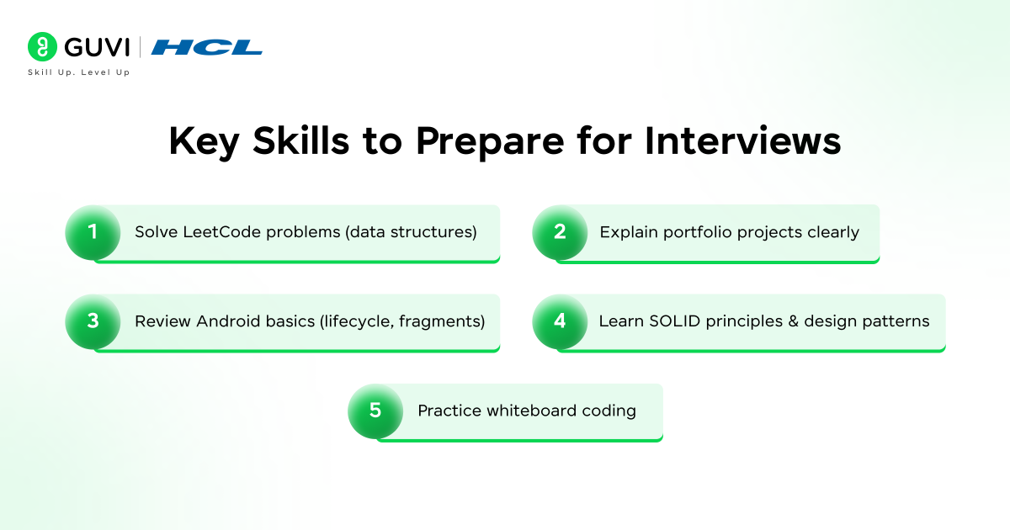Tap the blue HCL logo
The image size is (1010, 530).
[x=207, y=47]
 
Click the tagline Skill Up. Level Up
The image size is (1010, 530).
[x=79, y=72]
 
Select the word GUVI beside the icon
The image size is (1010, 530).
[x=94, y=47]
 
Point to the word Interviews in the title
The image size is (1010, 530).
[x=743, y=142]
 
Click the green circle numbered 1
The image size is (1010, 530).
[x=93, y=232]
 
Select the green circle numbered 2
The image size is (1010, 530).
[x=560, y=232]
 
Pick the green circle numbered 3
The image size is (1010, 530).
[x=93, y=321]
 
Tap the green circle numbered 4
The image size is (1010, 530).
[x=560, y=321]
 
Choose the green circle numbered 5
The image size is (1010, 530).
[x=375, y=411]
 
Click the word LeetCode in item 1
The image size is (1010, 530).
[x=222, y=232]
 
